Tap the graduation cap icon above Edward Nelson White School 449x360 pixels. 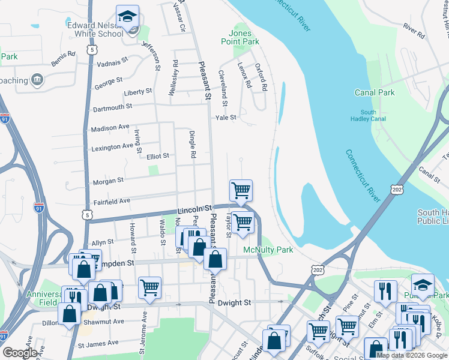click(127, 17)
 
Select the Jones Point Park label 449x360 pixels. click(244, 37)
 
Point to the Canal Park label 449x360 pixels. click(375, 92)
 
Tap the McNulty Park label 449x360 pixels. click(268, 250)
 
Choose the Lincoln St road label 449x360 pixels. click(191, 209)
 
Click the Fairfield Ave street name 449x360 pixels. click(112, 201)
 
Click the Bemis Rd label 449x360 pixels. click(63, 58)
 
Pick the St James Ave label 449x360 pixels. click(98, 344)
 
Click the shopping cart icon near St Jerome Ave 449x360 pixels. click(149, 287)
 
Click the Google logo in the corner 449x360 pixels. click(20, 353)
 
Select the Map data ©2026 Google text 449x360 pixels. click(411, 355)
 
